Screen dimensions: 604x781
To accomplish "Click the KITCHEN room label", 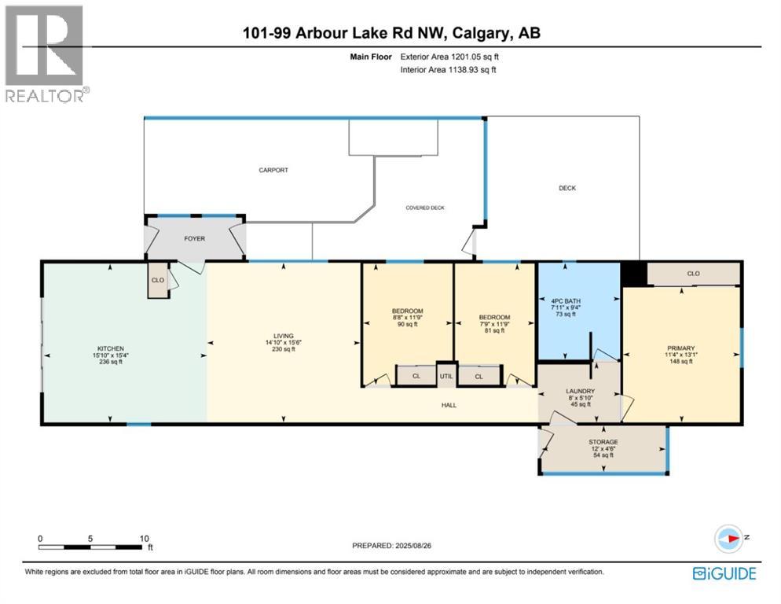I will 110,348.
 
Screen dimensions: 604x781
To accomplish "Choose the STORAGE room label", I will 603,442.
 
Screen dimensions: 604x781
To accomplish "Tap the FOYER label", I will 194,238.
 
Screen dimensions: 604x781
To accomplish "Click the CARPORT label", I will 274,170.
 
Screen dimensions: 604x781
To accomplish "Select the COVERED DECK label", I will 425,208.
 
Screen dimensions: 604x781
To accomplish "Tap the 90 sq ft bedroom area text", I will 407,324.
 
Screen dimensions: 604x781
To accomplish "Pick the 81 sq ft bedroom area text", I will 494,331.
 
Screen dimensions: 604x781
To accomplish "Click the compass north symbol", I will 729,538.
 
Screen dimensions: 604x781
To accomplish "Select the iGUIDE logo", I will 724,573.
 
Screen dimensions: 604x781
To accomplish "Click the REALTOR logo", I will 46,53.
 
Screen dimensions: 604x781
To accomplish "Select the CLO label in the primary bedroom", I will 693,274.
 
